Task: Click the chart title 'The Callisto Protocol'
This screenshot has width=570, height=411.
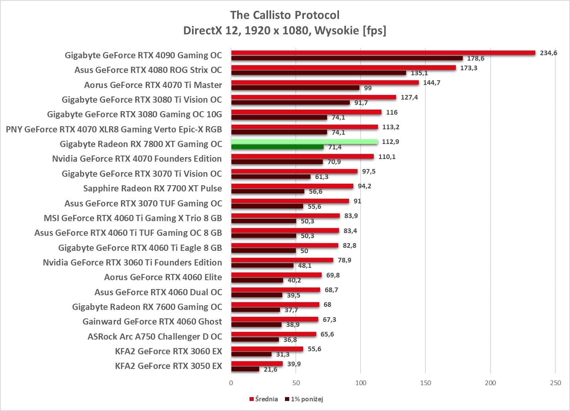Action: pos(285,15)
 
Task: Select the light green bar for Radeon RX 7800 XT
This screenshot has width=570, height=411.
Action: pos(304,142)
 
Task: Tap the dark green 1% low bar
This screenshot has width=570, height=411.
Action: pos(277,147)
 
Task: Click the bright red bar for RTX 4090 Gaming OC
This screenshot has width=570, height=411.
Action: pos(383,53)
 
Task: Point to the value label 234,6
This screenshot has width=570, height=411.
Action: pos(548,53)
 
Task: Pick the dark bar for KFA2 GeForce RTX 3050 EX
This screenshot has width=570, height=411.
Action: pos(245,369)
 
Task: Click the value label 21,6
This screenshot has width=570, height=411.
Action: pos(270,370)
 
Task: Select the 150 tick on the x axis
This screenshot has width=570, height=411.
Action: pos(425,383)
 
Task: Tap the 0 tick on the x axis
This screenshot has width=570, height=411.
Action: pos(231,383)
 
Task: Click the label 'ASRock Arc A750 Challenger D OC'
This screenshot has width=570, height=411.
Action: pos(155,337)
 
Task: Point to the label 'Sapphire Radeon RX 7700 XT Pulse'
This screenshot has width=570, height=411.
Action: pos(152,188)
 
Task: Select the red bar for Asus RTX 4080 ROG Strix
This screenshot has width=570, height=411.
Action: pos(343,68)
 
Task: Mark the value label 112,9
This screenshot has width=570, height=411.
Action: pos(390,142)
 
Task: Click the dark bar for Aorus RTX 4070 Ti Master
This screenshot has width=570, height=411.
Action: pos(295,88)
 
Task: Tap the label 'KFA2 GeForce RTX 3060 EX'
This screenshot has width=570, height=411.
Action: pos(168,351)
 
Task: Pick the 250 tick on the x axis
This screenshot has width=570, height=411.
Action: pos(555,383)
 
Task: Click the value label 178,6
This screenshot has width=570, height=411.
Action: pos(476,58)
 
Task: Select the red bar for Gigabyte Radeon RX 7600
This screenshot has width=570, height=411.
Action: pos(275,304)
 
